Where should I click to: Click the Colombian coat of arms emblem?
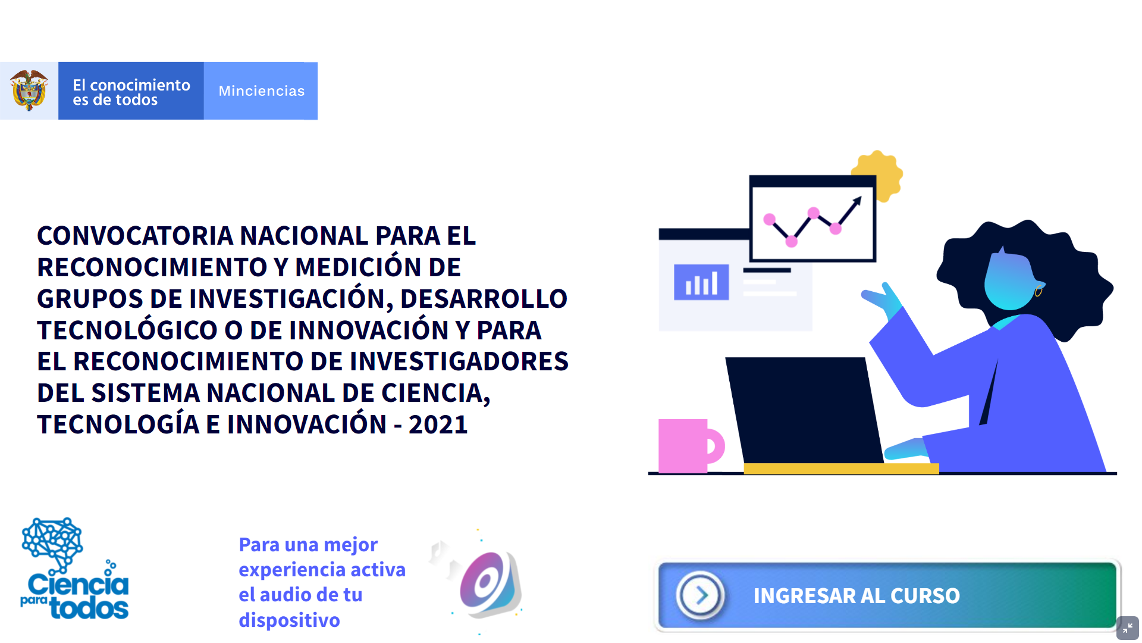pos(29,90)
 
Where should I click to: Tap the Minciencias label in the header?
pos(262,91)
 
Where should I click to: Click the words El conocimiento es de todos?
pos(131,92)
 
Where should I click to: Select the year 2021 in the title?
pos(438,424)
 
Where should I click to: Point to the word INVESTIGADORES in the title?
pos(459,361)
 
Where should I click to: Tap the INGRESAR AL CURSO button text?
pos(857,596)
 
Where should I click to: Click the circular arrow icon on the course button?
pos(701,595)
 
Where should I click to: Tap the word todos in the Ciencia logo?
pos(89,608)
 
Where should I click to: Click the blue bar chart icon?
pos(701,282)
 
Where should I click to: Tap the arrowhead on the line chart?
pos(857,201)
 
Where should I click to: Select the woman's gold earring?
pos(1039,291)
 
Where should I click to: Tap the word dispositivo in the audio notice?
pos(290,620)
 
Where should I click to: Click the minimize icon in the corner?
pos(1128,628)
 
